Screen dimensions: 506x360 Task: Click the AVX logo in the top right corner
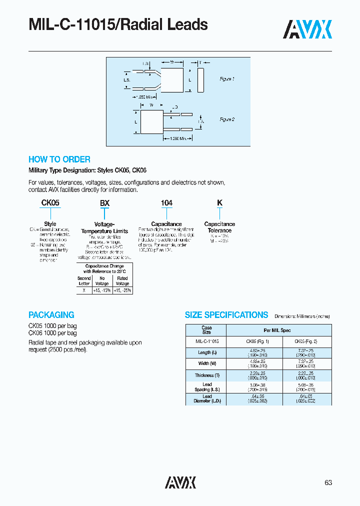pyautogui.click(x=307, y=29)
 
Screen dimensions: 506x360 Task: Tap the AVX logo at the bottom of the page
pyautogui.click(x=180, y=482)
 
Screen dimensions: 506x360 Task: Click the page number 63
pyautogui.click(x=328, y=482)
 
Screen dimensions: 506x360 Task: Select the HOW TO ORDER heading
pyautogui.click(x=59, y=159)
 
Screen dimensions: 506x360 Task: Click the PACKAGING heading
pyautogui.click(x=51, y=315)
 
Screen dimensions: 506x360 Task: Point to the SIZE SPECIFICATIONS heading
pyautogui.click(x=226, y=315)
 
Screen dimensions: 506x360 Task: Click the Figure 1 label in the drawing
pyautogui.click(x=227, y=79)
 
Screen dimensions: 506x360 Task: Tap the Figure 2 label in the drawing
pyautogui.click(x=227, y=119)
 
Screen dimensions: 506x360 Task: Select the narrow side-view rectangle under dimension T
pyautogui.click(x=200, y=80)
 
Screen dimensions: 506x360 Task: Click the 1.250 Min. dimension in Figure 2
pyautogui.click(x=178, y=138)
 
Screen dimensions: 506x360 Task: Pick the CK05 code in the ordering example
pyautogui.click(x=50, y=203)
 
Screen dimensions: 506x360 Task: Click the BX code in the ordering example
pyautogui.click(x=104, y=203)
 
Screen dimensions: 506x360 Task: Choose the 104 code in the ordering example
pyautogui.click(x=166, y=203)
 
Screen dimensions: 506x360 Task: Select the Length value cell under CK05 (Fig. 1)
pyautogui.click(x=257, y=352)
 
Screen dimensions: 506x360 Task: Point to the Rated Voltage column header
pyautogui.click(x=122, y=280)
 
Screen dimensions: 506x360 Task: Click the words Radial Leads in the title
pyautogui.click(x=168, y=24)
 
